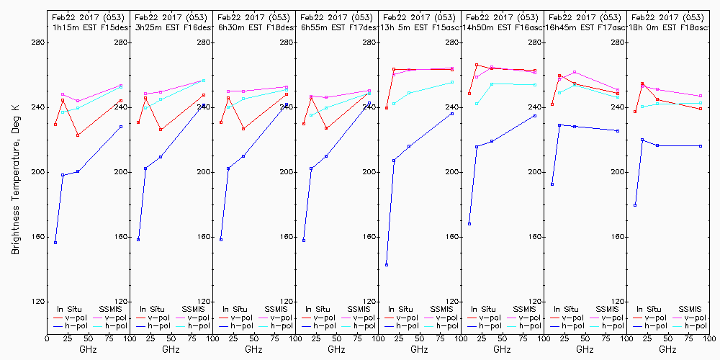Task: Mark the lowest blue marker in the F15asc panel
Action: click(387, 265)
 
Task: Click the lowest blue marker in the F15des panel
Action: click(55, 243)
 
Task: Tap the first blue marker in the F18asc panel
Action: click(635, 205)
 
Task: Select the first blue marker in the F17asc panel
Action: click(552, 184)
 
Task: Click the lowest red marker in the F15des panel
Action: click(78, 135)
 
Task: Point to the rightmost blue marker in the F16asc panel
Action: click(535, 116)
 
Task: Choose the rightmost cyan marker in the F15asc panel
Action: click(452, 82)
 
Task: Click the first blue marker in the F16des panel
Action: click(138, 240)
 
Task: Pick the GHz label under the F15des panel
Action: click(88, 349)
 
